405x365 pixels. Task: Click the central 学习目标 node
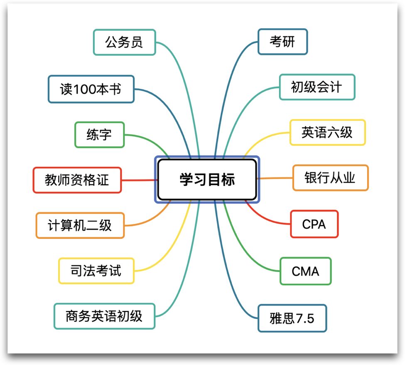(x=207, y=179)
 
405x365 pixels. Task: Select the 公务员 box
(x=124, y=42)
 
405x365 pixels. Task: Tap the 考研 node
(x=282, y=42)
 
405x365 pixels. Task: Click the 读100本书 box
(x=91, y=89)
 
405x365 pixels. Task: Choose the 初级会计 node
(x=317, y=87)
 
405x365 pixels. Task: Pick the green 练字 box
(x=99, y=134)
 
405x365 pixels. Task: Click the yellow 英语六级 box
(x=327, y=132)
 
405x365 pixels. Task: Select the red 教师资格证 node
(x=77, y=180)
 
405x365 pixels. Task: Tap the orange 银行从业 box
(x=330, y=178)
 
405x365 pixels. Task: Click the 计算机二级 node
(x=80, y=225)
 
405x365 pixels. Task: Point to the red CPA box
(x=314, y=224)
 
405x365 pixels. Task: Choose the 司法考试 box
(x=96, y=271)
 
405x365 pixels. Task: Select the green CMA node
(x=305, y=271)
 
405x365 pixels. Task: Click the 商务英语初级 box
(x=104, y=316)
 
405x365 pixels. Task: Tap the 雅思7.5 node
(x=292, y=318)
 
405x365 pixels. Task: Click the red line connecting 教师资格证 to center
(x=140, y=180)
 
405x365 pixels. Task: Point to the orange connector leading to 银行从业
(x=275, y=178)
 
